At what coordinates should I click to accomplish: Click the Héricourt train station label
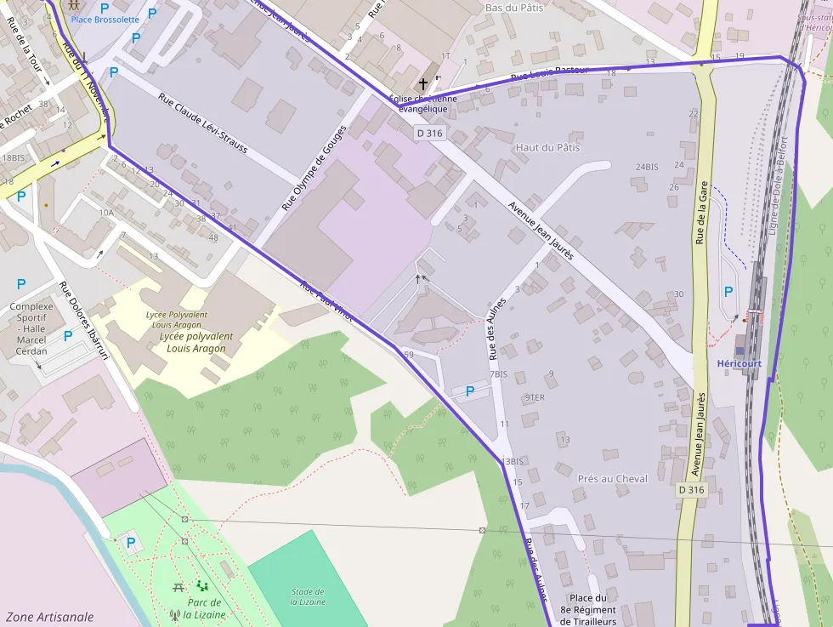[739, 363]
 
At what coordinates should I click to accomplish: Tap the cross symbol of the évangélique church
[423, 84]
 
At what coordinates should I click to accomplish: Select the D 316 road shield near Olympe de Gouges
[430, 134]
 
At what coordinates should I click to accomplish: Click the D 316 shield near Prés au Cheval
[692, 490]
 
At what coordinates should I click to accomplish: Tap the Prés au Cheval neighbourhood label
[612, 478]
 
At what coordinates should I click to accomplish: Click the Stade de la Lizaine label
[307, 596]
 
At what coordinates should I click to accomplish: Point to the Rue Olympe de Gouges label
[314, 168]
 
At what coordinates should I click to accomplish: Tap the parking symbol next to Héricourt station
[728, 291]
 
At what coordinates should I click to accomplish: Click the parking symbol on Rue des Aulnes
[469, 391]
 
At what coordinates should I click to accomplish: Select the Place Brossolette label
[105, 19]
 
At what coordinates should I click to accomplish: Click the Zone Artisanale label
[49, 617]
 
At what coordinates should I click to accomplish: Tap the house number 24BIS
[646, 167]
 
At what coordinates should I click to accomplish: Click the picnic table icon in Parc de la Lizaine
[178, 587]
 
